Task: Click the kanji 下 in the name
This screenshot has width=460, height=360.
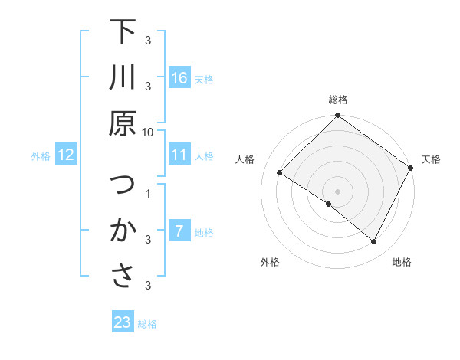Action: [x=123, y=34]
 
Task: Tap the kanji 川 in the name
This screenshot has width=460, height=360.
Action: [x=123, y=79]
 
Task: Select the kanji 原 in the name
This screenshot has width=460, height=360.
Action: [x=123, y=123]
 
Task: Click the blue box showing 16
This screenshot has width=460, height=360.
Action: [x=179, y=78]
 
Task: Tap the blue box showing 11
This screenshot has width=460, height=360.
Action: [x=179, y=155]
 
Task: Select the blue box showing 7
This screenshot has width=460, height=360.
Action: [x=179, y=231]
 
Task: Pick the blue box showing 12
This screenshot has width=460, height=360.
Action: [x=66, y=155]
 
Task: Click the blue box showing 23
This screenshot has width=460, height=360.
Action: [x=123, y=322]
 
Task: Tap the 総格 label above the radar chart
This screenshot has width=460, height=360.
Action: [x=338, y=100]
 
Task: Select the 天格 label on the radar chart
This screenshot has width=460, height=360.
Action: [x=431, y=159]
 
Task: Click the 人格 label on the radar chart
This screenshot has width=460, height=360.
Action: [x=246, y=159]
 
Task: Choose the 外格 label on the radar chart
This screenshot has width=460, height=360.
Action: [x=270, y=262]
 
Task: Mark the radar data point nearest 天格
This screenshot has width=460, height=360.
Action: [x=411, y=169]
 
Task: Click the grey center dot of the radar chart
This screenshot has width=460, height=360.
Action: [x=337, y=190]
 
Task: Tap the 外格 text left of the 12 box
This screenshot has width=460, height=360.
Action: [x=41, y=156]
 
